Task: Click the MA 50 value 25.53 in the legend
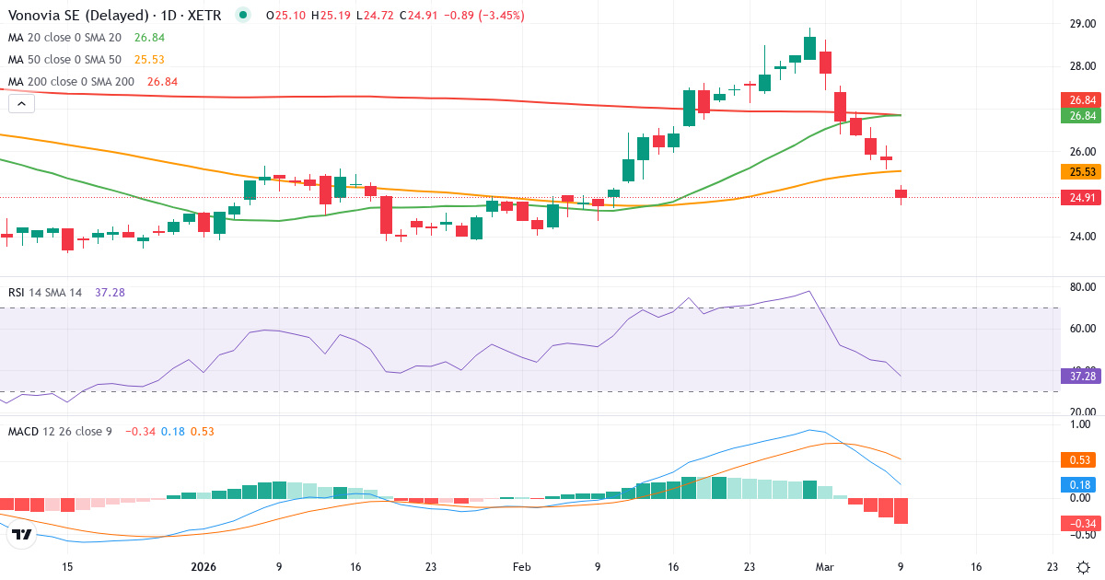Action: tap(149, 59)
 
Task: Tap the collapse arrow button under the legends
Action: tap(21, 104)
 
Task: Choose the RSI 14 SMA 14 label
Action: tap(45, 292)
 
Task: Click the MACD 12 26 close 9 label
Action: tap(60, 431)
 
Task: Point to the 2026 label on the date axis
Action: tap(203, 567)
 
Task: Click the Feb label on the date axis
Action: tap(522, 567)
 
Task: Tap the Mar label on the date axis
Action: tap(825, 567)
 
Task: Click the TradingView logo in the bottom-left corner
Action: tap(23, 534)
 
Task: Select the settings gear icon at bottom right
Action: tap(1084, 567)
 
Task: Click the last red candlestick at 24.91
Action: tap(901, 193)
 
